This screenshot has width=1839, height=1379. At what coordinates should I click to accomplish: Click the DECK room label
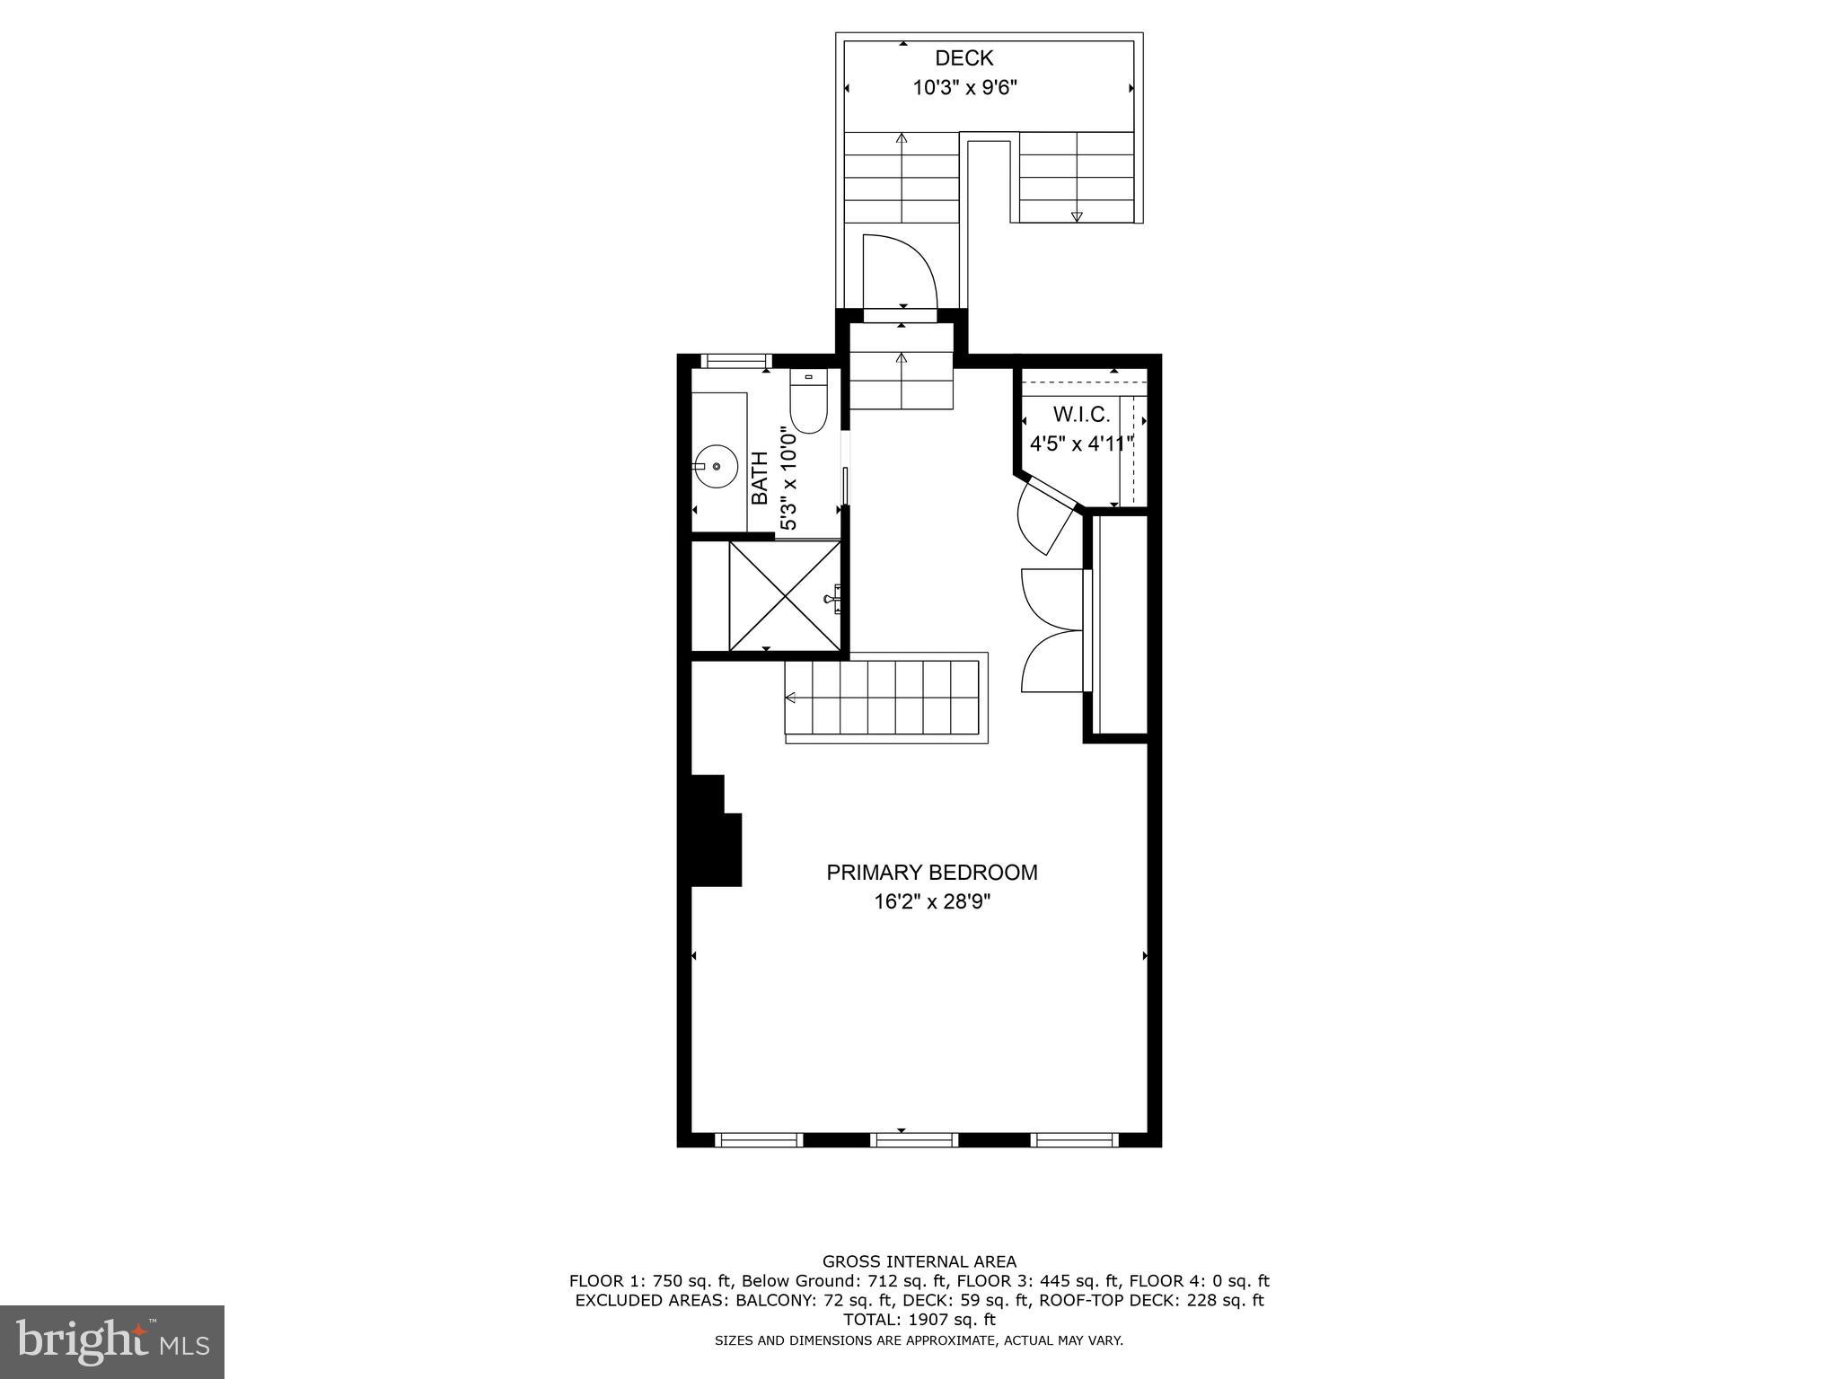tap(963, 58)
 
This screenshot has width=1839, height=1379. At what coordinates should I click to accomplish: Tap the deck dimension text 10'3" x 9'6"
tap(964, 88)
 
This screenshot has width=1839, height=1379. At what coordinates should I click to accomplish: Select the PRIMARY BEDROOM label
tap(931, 873)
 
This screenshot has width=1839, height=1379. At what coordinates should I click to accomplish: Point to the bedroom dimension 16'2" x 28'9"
tap(931, 902)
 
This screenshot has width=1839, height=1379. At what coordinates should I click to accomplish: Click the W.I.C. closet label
tap(1081, 415)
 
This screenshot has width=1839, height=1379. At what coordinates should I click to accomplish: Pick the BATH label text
tap(760, 478)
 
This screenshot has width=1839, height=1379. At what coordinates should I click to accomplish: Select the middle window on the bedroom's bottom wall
tap(916, 1140)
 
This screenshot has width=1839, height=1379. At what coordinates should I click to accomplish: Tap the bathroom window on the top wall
tap(735, 361)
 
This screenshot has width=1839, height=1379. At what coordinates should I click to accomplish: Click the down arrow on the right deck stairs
tap(1077, 215)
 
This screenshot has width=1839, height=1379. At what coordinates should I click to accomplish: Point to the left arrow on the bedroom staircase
tap(791, 698)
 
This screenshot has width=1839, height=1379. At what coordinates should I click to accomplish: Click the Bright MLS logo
tap(112, 1341)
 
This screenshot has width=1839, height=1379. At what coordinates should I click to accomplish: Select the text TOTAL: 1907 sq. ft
tap(919, 1320)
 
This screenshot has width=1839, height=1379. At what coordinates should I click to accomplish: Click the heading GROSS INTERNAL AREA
tap(919, 1261)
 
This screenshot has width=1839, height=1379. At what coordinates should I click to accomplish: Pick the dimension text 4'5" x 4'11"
tap(1081, 444)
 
